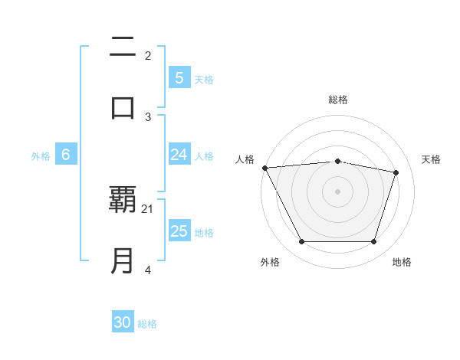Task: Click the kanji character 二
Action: click(x=123, y=48)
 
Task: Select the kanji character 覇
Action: click(x=123, y=201)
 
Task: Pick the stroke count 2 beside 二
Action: click(x=148, y=55)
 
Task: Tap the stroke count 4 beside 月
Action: click(x=148, y=270)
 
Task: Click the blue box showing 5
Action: click(x=179, y=77)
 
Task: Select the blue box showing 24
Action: click(x=179, y=155)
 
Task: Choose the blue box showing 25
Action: click(x=179, y=231)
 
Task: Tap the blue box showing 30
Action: click(x=123, y=322)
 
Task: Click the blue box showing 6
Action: click(x=66, y=155)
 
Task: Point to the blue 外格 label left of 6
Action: click(x=41, y=156)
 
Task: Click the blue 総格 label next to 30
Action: click(x=147, y=324)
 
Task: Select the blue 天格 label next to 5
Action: click(x=204, y=79)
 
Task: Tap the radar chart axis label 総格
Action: click(x=338, y=100)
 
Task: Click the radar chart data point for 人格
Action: click(x=264, y=168)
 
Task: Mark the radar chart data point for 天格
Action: click(x=396, y=172)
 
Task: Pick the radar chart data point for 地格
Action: click(x=374, y=242)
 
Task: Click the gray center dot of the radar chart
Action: click(x=338, y=191)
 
